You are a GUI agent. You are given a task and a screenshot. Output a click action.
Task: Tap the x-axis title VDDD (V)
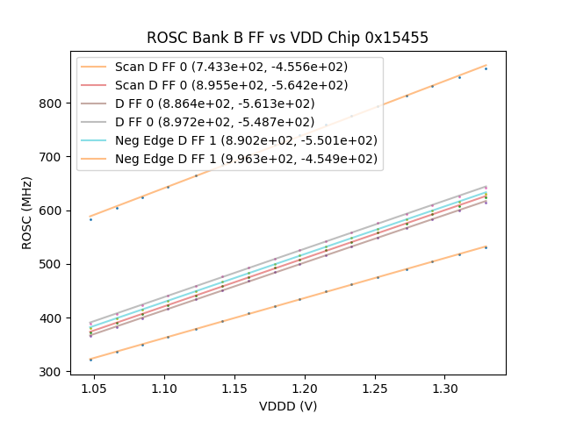(288, 406)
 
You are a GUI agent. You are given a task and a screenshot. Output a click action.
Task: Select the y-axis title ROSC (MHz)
(27, 210)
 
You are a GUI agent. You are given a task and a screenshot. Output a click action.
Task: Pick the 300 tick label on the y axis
(52, 372)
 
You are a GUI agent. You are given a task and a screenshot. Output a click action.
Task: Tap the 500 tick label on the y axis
(52, 265)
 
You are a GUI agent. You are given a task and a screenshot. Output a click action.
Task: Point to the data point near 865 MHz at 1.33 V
(486, 68)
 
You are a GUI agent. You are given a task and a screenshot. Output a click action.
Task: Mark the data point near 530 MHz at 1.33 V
(486, 247)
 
